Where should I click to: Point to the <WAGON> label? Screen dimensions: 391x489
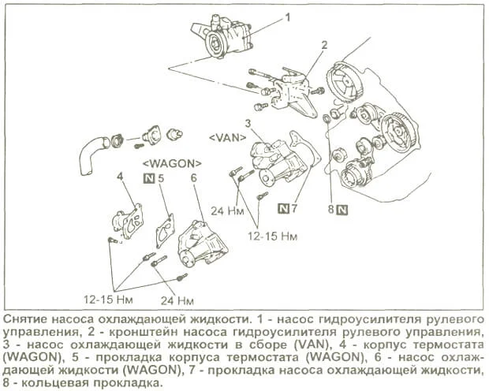point(171,162)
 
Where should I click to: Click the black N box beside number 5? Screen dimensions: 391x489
point(147,179)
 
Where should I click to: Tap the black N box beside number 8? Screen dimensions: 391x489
point(341,210)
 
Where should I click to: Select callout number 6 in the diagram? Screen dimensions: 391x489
point(193,178)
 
